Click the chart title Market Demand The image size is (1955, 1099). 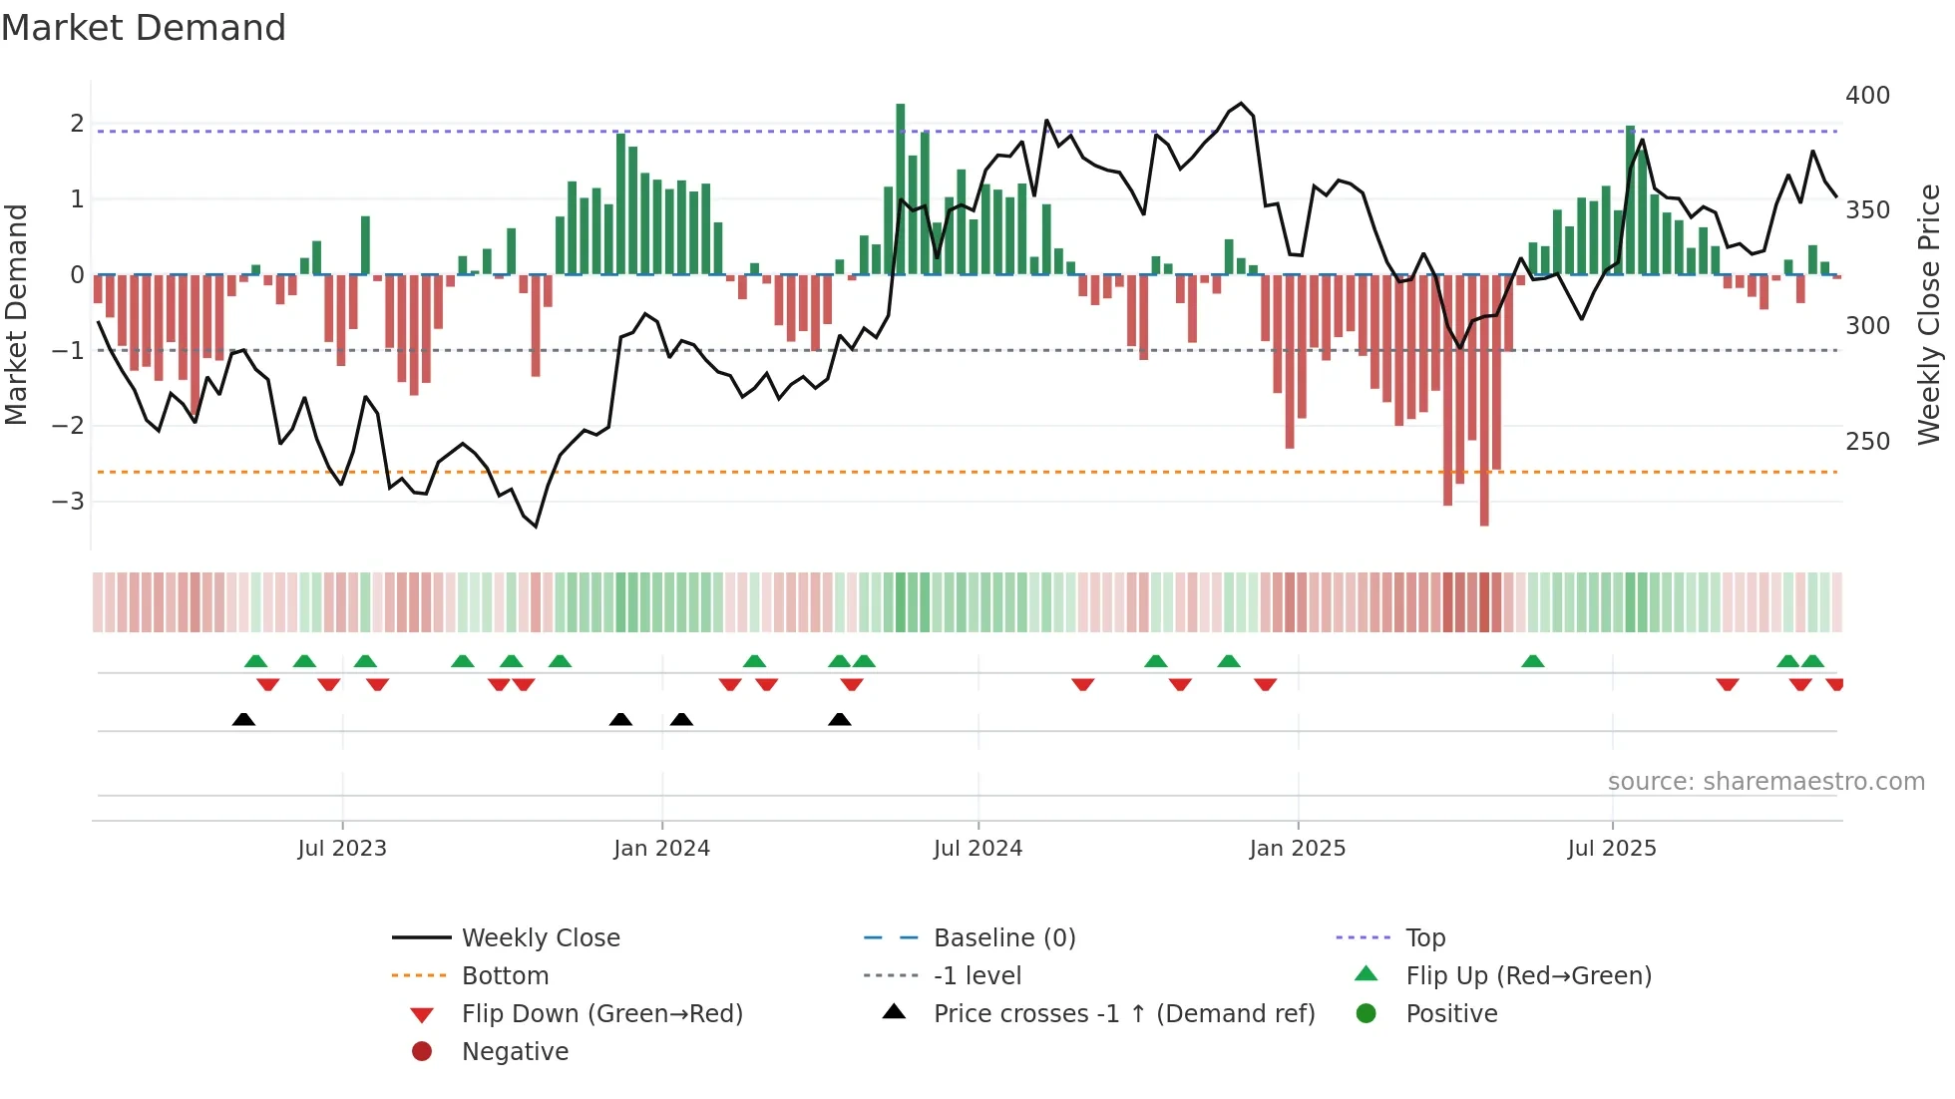coord(144,28)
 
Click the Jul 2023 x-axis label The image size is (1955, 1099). coord(341,849)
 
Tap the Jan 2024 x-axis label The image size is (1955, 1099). coord(661,849)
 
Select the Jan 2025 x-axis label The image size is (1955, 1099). coord(1297,849)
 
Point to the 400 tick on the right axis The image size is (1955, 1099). coord(1867,96)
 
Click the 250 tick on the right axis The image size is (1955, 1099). coord(1867,441)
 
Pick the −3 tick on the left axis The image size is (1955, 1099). coord(69,501)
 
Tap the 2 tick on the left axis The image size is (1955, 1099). coord(77,124)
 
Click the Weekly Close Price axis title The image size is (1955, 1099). coord(1929,314)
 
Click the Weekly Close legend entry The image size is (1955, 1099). coord(540,938)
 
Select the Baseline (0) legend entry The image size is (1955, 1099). coord(1003,938)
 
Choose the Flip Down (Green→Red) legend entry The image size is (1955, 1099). coord(601,1014)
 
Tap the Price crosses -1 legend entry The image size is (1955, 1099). coord(1123,1014)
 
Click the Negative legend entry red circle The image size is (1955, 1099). coord(422,1052)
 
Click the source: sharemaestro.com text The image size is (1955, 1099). coord(1765,782)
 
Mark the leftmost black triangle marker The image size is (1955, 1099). coord(243,719)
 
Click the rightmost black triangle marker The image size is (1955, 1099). coord(840,719)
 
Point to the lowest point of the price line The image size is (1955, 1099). coord(536,526)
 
